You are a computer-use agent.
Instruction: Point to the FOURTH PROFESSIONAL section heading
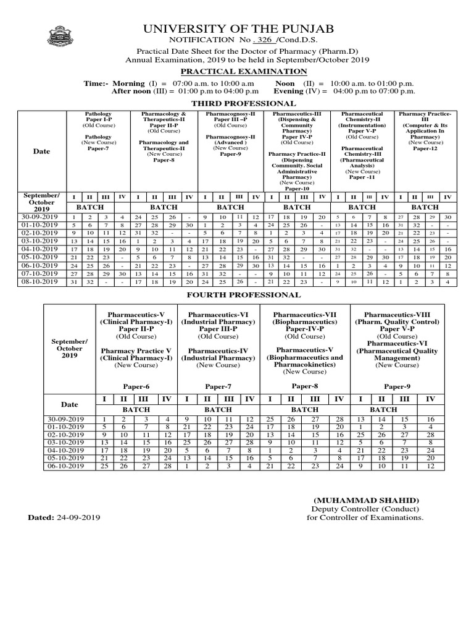click(244, 295)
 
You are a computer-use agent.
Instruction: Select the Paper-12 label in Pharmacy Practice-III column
click(425, 148)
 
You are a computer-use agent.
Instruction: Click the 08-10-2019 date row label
click(41, 281)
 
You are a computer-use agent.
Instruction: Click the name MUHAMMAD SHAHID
click(367, 500)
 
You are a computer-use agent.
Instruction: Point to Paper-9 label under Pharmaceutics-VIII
click(397, 386)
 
